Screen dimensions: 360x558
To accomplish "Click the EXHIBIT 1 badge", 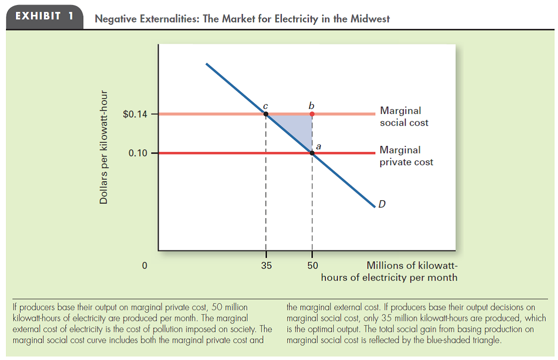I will coord(44,16).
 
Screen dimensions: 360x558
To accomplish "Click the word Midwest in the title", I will coord(371,19).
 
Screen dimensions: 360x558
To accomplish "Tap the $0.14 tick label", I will coord(135,115).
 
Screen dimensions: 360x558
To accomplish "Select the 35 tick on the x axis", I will coord(266,265).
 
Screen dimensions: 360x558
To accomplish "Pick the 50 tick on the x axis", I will coord(312,265).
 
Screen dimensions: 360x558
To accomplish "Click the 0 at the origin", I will coord(144,265).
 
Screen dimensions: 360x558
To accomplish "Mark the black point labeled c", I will coord(266,114).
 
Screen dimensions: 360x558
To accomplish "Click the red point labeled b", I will coord(312,114).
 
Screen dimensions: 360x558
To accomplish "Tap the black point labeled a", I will coord(312,153).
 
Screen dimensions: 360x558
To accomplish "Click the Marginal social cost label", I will coord(404,116).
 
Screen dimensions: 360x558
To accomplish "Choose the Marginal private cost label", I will coord(406,155).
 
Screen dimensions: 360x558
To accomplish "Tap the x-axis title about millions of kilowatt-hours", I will coord(389,271).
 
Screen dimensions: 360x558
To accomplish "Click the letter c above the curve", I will coord(266,105).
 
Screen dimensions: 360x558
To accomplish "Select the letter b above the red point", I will coord(312,105).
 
